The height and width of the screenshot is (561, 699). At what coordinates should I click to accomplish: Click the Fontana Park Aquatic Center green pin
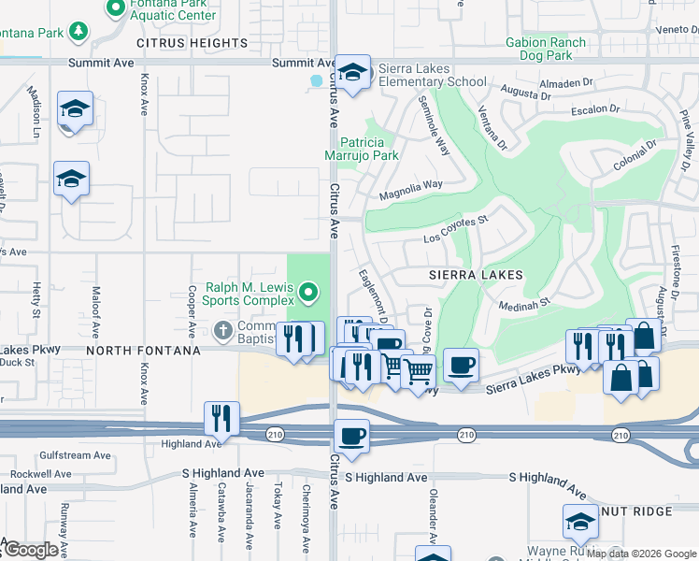click(x=116, y=9)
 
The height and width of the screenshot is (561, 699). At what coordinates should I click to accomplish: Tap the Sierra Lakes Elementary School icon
click(x=353, y=73)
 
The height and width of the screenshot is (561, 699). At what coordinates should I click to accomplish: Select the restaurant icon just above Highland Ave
click(x=221, y=418)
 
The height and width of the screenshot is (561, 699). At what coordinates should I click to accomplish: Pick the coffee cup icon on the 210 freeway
click(x=352, y=436)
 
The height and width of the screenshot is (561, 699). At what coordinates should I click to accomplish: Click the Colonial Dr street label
click(x=635, y=156)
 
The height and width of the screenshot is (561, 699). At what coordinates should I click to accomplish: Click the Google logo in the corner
click(x=32, y=551)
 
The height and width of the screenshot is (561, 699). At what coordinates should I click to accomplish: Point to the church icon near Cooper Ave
click(x=222, y=330)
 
